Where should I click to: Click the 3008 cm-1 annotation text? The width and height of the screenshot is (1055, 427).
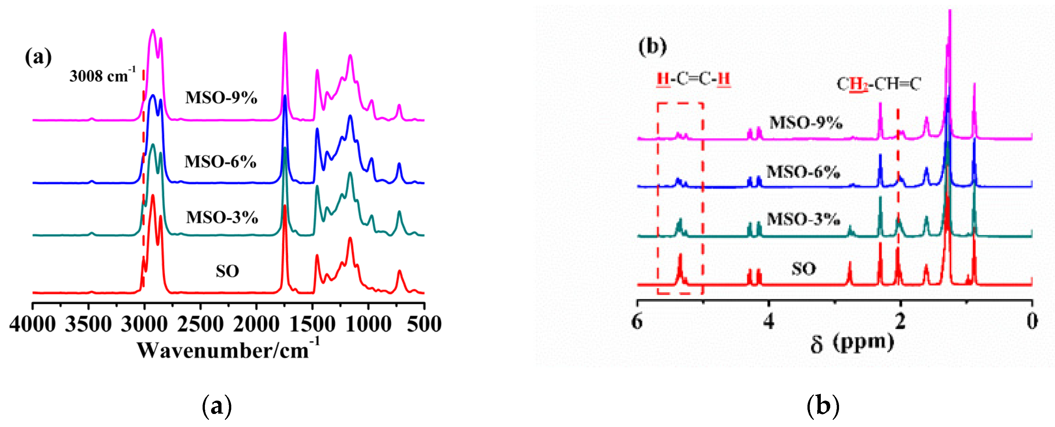(x=102, y=76)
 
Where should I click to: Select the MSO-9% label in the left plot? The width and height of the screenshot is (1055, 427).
(x=221, y=98)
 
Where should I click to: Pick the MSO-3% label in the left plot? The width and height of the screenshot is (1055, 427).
(x=222, y=217)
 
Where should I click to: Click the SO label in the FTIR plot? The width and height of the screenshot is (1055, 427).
(x=227, y=271)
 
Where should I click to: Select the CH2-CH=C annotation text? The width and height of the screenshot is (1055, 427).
(x=878, y=85)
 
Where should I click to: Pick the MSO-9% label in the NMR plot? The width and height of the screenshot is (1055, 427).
(x=806, y=123)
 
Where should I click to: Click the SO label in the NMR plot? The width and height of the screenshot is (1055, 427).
(x=804, y=269)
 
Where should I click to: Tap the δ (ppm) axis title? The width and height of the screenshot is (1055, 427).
(x=852, y=343)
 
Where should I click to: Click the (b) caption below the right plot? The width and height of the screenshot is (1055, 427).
(x=823, y=406)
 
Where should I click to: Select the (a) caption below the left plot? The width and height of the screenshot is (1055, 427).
(x=217, y=406)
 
